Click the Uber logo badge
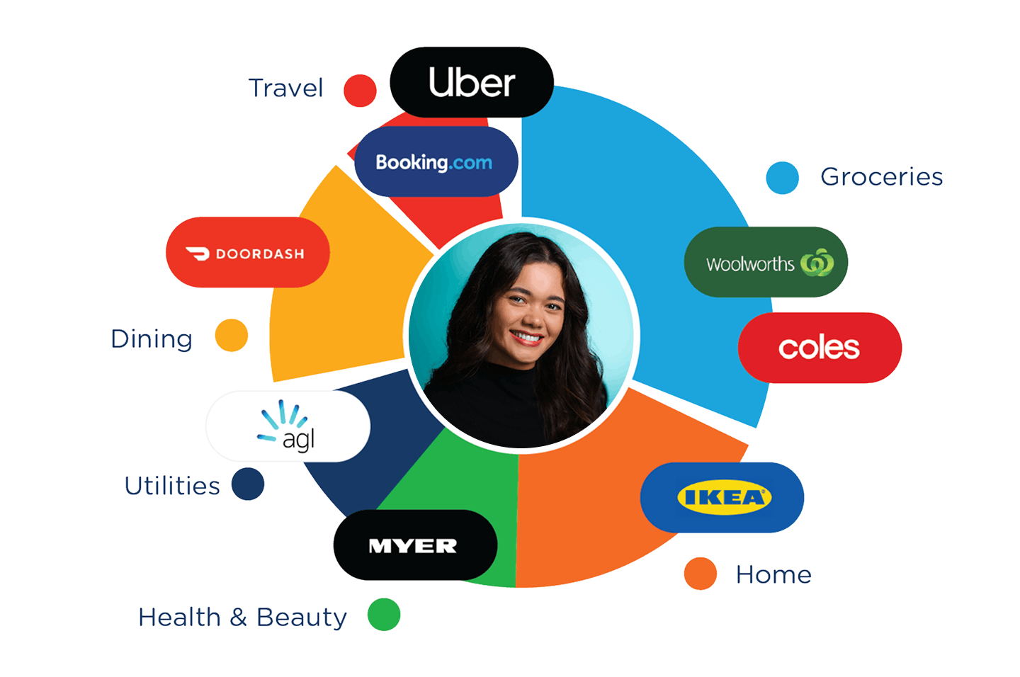[x=472, y=82]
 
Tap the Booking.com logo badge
[x=436, y=162]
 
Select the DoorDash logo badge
[x=248, y=253]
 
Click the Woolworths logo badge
[x=766, y=263]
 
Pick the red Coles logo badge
[x=820, y=348]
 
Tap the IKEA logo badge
[x=722, y=498]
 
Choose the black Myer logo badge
[x=415, y=545]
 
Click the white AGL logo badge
[x=288, y=426]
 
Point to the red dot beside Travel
[x=360, y=91]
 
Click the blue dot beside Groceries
[x=782, y=178]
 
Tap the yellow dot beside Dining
[x=232, y=335]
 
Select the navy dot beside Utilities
[x=248, y=484]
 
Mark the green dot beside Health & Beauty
[x=384, y=615]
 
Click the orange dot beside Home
[x=701, y=574]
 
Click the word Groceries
[x=881, y=177]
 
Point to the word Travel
[x=285, y=89]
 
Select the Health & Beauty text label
[x=242, y=618]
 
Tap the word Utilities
[x=172, y=486]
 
